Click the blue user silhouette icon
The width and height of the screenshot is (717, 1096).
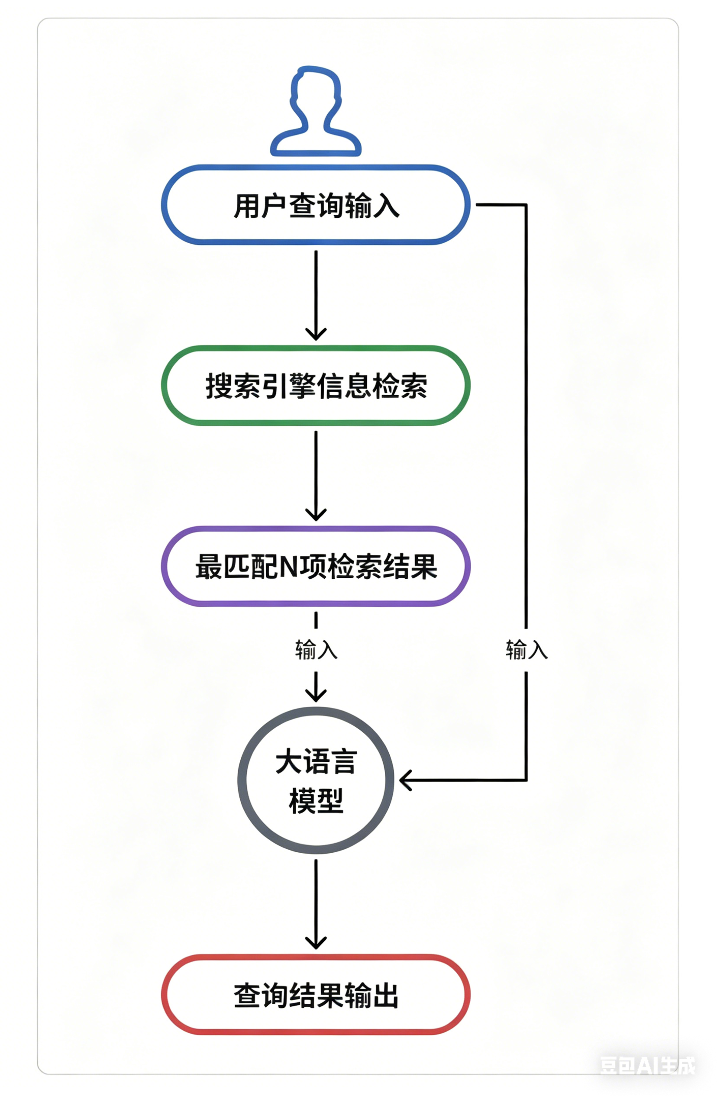(316, 110)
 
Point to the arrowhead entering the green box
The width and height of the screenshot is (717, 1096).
(316, 334)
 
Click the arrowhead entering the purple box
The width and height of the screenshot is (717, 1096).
(316, 514)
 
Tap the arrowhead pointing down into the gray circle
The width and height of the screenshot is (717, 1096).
(316, 695)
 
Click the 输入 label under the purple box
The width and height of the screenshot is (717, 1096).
(317, 649)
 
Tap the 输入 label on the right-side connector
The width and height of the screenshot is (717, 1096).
(527, 649)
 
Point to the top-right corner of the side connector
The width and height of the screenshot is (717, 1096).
(526, 204)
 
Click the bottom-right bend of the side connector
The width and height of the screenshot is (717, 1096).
(526, 780)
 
